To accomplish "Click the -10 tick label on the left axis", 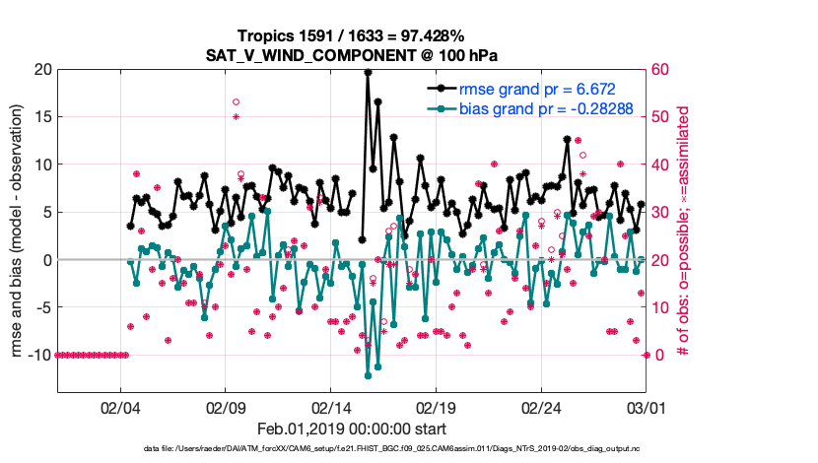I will click(x=37, y=355).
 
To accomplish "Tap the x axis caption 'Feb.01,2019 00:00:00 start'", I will click(x=351, y=430).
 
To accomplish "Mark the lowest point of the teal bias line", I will click(x=368, y=375).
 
